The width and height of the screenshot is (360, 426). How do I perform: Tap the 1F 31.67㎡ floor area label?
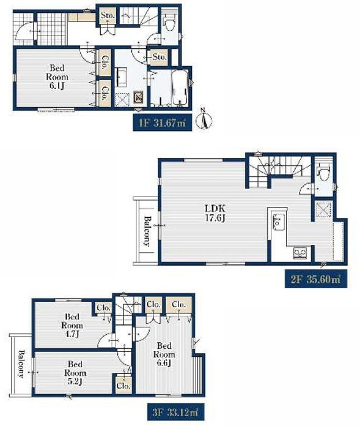162,123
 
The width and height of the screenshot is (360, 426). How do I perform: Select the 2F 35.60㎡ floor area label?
316,279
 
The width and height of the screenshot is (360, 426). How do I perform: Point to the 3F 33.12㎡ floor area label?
176,411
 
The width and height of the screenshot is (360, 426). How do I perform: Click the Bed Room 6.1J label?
57,77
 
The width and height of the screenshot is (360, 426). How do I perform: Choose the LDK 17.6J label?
215,213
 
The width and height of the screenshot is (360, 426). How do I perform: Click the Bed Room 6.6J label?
163,354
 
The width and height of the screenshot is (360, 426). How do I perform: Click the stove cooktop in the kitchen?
300,253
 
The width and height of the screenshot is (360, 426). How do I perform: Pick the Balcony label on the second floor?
147,231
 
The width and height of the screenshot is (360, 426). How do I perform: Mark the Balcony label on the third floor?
21,364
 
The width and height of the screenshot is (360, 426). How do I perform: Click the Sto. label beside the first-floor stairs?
108,16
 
